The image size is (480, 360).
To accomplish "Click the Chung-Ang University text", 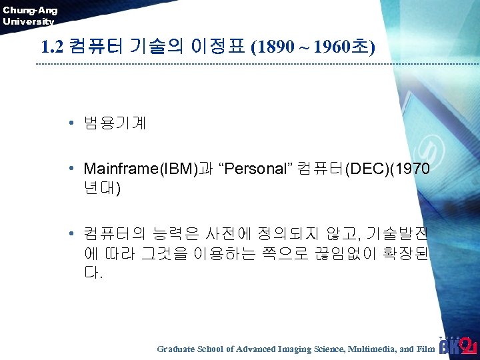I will pyautogui.click(x=30, y=15).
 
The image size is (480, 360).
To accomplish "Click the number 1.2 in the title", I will pyautogui.click(x=52, y=47).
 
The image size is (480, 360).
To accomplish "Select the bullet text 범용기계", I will pyautogui.click(x=115, y=123).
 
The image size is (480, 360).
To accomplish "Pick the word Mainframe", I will pyautogui.click(x=118, y=169).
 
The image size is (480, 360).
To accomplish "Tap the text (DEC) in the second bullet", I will pyautogui.click(x=366, y=169).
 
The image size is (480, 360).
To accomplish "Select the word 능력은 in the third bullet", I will pyautogui.click(x=173, y=235).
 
